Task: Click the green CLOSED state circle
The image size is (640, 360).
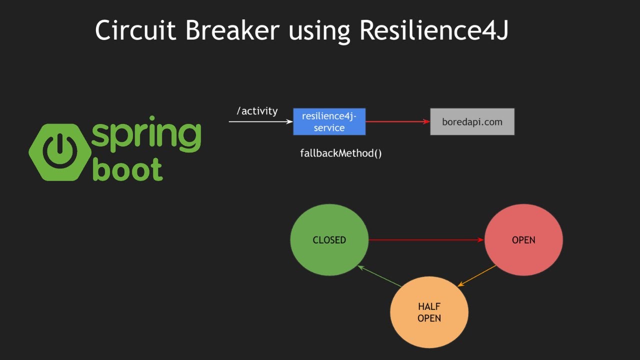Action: [329, 240]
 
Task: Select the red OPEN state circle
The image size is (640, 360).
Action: [523, 240]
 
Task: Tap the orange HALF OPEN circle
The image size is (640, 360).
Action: [429, 312]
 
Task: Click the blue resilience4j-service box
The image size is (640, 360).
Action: [329, 121]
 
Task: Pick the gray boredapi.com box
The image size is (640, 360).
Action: [472, 121]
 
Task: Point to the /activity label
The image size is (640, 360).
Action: [257, 111]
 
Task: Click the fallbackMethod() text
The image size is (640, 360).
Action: [340, 153]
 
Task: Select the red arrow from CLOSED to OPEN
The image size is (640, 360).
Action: [425, 240]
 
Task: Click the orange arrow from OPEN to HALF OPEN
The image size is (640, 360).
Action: [477, 275]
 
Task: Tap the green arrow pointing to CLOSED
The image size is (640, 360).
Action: [380, 276]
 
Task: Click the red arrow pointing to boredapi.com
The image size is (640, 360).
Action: [397, 121]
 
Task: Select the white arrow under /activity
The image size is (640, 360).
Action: [260, 121]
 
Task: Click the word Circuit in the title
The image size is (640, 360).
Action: [136, 30]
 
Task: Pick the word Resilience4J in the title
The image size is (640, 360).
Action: [433, 30]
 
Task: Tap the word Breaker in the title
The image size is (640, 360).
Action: [232, 30]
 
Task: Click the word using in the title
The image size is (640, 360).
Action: [319, 31]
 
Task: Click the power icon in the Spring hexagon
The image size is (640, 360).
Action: [59, 151]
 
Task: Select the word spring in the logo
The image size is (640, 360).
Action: [146, 134]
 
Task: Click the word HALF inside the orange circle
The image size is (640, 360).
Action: [429, 306]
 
